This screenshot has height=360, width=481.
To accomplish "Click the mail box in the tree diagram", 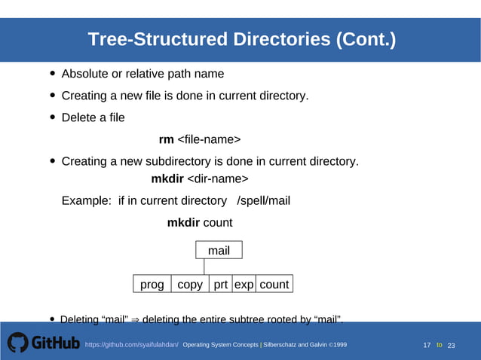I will (x=219, y=250).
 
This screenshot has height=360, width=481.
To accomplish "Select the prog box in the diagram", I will (x=152, y=284).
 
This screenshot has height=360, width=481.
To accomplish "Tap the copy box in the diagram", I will (x=190, y=284).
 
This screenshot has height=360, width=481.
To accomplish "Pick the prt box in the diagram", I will (x=220, y=284).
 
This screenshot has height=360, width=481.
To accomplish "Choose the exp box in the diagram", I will (x=244, y=284).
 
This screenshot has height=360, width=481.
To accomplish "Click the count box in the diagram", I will (x=274, y=284).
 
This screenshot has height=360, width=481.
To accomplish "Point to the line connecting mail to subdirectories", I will (x=204, y=267).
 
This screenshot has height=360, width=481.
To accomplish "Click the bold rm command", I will (x=166, y=139).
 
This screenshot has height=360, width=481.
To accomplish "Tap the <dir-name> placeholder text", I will (x=217, y=178).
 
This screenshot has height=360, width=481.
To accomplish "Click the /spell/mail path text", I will (x=263, y=200).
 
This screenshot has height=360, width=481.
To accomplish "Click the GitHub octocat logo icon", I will (x=17, y=343).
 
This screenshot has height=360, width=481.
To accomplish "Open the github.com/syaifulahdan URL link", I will (x=131, y=344).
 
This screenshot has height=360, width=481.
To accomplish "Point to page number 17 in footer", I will (x=427, y=345).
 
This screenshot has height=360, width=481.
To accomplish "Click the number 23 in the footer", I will (x=452, y=345).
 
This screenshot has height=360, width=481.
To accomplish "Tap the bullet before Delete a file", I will (x=52, y=117).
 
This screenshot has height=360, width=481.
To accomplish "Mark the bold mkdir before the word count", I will (x=183, y=222).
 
